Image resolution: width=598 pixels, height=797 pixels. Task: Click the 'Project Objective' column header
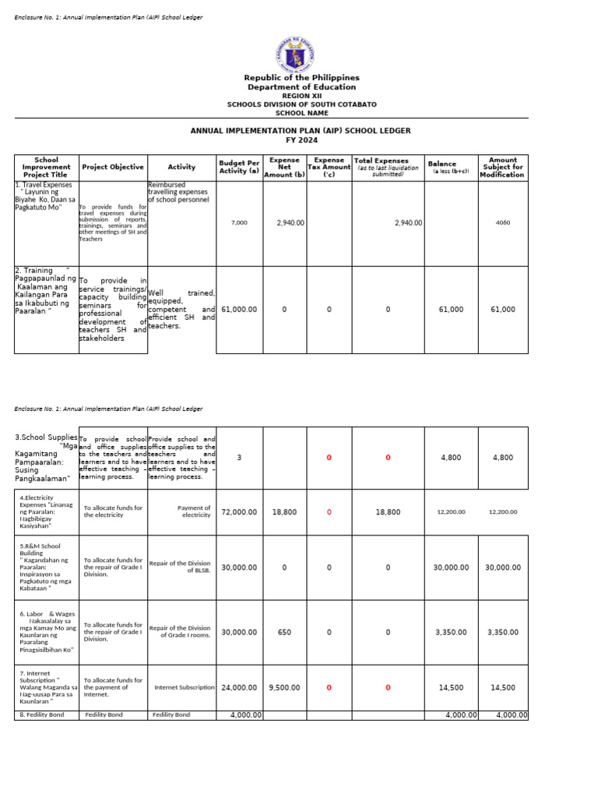tap(113, 167)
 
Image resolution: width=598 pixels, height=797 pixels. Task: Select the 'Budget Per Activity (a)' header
tap(239, 167)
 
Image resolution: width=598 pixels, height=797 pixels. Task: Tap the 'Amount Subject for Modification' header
tap(502, 167)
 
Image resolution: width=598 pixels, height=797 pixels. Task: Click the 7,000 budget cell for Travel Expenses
tap(239, 223)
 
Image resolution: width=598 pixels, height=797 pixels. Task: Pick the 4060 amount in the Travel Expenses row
tap(502, 223)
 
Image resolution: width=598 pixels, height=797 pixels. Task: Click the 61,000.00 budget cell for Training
tap(239, 310)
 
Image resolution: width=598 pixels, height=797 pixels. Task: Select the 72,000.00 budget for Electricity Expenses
tap(239, 512)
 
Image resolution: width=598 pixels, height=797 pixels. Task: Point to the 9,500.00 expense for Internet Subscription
tap(284, 687)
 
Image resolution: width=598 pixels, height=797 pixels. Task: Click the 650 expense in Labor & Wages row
tap(284, 632)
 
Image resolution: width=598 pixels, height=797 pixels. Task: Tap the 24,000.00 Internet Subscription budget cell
tap(239, 687)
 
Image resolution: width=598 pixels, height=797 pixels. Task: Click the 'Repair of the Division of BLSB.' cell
tap(181, 567)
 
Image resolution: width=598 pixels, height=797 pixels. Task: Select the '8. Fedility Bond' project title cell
tap(46, 714)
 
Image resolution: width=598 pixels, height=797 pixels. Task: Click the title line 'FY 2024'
tap(301, 139)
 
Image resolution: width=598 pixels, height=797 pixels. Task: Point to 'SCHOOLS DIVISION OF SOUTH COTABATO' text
tap(301, 104)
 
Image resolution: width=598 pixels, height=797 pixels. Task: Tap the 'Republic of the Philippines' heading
tap(301, 78)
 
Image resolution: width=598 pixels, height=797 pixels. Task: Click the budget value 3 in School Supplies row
tap(239, 458)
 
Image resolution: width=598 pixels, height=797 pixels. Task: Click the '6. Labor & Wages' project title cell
tap(47, 631)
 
